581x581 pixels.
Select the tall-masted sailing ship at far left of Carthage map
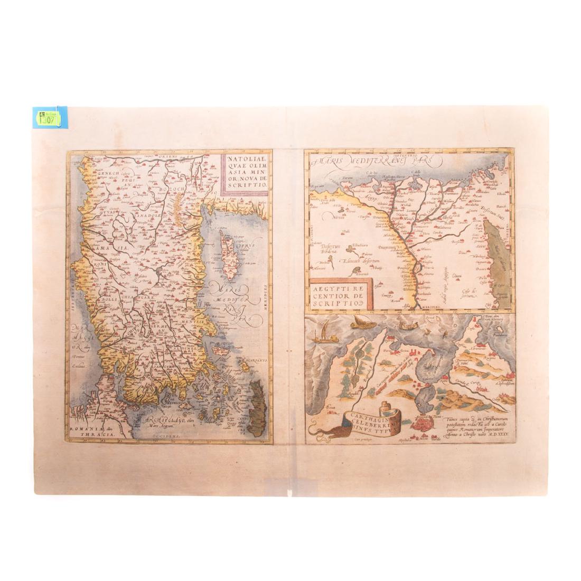(321, 335)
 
